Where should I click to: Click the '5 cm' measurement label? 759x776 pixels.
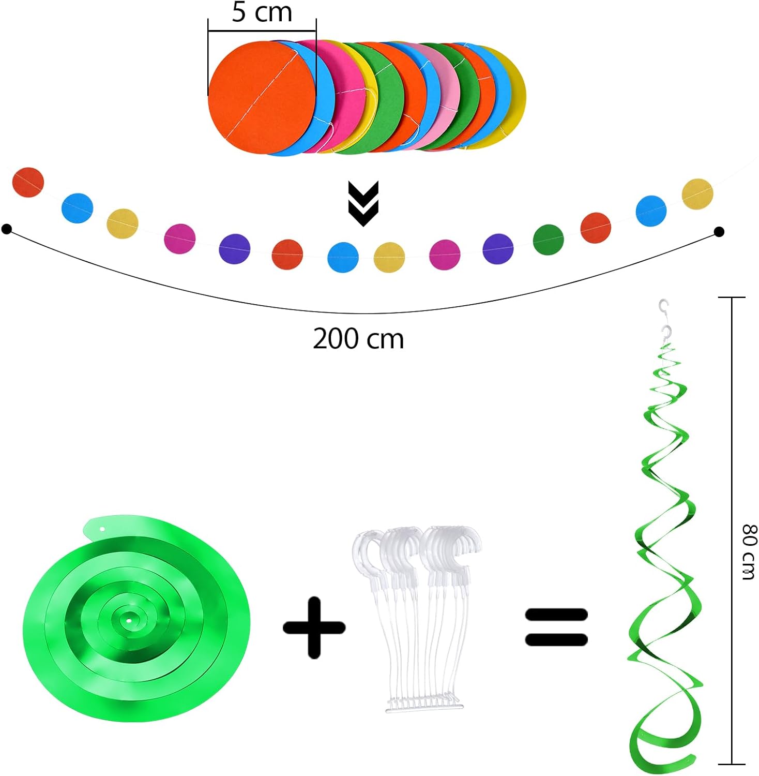(x=262, y=12)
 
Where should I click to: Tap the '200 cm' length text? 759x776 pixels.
(x=358, y=339)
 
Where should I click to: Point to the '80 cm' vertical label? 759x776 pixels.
(x=749, y=551)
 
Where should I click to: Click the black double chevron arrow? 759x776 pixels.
(x=363, y=203)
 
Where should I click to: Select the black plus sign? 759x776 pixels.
(x=314, y=628)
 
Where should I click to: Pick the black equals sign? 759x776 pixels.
(x=556, y=627)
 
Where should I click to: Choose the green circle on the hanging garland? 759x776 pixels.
(x=548, y=240)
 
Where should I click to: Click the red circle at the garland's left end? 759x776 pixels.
(x=28, y=182)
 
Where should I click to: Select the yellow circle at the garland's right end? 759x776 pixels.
(x=697, y=194)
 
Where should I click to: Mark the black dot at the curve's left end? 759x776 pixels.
(x=7, y=229)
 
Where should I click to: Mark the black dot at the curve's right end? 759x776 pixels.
(x=719, y=232)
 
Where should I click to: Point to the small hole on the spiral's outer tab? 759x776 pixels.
(x=102, y=529)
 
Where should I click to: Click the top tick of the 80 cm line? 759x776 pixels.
(x=732, y=297)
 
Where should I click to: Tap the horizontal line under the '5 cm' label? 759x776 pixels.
(x=262, y=31)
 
